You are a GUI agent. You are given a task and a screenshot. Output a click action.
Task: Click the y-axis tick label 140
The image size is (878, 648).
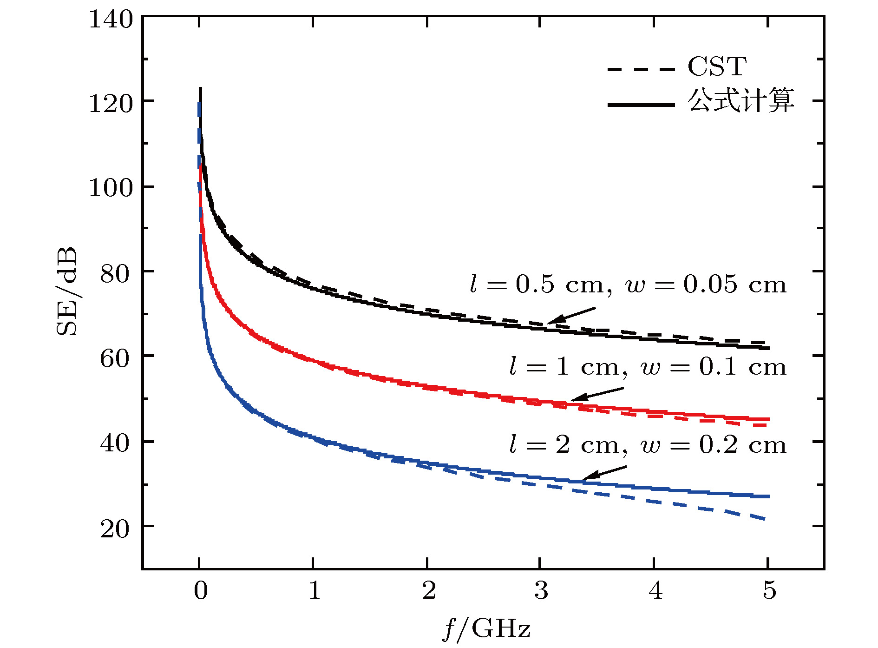(111, 20)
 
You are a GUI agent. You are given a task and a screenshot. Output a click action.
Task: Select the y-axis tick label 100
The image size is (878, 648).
(111, 188)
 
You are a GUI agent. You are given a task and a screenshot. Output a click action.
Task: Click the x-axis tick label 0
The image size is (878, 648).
(200, 590)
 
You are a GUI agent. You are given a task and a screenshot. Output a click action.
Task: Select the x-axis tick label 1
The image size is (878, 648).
(315, 590)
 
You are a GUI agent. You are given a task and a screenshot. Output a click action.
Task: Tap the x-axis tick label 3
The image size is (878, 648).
(541, 590)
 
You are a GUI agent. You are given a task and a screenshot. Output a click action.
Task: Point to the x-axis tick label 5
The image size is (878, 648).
(769, 590)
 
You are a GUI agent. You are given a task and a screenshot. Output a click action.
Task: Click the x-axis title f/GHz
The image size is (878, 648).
(486, 628)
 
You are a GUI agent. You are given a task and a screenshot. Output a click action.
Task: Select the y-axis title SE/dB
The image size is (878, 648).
(66, 291)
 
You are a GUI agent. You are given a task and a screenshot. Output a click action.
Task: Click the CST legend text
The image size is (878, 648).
(717, 66)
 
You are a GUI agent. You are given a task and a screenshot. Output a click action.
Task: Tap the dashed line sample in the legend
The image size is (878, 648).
(641, 69)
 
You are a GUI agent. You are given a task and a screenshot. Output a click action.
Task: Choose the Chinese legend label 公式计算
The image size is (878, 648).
(740, 101)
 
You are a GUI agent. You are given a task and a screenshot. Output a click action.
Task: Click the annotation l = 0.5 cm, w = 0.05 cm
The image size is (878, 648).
(628, 284)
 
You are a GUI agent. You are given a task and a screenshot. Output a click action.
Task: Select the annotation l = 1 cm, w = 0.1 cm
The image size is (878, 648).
(648, 367)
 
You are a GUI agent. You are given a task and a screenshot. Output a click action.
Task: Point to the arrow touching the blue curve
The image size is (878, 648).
(604, 473)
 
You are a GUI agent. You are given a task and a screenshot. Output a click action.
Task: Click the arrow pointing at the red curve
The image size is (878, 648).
(597, 394)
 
